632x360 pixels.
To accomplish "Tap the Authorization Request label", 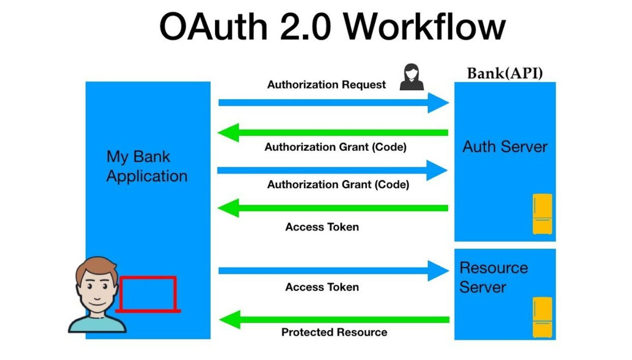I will click(x=326, y=85).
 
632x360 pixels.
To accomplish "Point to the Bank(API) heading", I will click(x=505, y=73).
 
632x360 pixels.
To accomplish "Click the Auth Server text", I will click(x=505, y=147).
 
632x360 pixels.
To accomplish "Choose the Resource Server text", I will click(x=493, y=278).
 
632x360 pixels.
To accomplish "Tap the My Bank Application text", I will click(x=146, y=167).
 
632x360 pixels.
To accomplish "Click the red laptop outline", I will click(x=148, y=295).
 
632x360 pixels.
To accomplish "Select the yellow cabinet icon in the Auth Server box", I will click(x=542, y=214).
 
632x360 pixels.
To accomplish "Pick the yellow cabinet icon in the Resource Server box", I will click(x=542, y=317).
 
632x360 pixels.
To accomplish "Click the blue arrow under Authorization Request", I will click(x=333, y=102).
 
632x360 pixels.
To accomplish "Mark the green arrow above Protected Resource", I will click(x=333, y=320).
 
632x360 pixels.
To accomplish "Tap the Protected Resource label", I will click(x=334, y=332).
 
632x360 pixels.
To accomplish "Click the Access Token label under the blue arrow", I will click(x=322, y=287).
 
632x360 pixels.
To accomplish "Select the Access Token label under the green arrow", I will click(x=322, y=227).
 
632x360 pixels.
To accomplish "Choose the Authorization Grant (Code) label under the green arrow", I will click(x=335, y=147).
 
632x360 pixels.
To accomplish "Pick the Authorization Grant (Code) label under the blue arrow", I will click(x=338, y=184).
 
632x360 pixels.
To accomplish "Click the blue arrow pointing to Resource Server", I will click(x=333, y=271).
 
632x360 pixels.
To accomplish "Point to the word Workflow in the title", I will click(x=424, y=27).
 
